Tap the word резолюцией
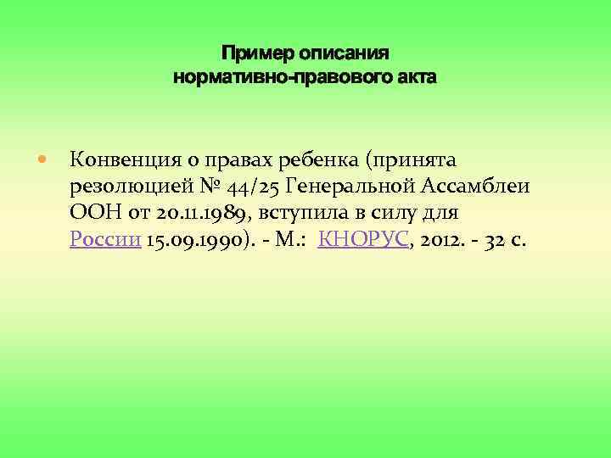126,186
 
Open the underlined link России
104,240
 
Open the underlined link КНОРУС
364,240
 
